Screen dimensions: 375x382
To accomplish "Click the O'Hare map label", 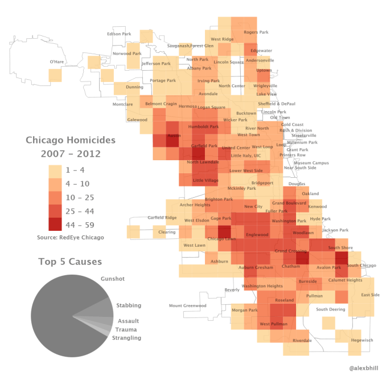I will [x=56, y=61].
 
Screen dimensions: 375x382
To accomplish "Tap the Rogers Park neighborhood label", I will [x=256, y=32].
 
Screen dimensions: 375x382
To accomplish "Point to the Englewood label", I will [x=257, y=234].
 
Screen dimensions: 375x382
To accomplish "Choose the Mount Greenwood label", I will [x=187, y=305].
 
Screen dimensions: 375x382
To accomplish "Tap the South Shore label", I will [x=340, y=248].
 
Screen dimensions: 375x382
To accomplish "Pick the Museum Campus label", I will [x=311, y=163].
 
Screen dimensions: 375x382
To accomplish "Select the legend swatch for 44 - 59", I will [x=55, y=225].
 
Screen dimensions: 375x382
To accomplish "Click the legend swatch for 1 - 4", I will [x=55, y=170].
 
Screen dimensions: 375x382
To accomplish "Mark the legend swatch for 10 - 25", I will [x=55, y=198].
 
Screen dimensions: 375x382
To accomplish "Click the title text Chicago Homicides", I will [x=71, y=140].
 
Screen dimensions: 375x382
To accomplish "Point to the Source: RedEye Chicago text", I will [x=71, y=237].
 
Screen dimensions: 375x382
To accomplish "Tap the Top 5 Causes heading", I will [x=70, y=262].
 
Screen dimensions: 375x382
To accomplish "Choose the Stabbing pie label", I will [x=129, y=306].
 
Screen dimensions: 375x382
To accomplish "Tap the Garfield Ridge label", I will [x=162, y=218].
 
